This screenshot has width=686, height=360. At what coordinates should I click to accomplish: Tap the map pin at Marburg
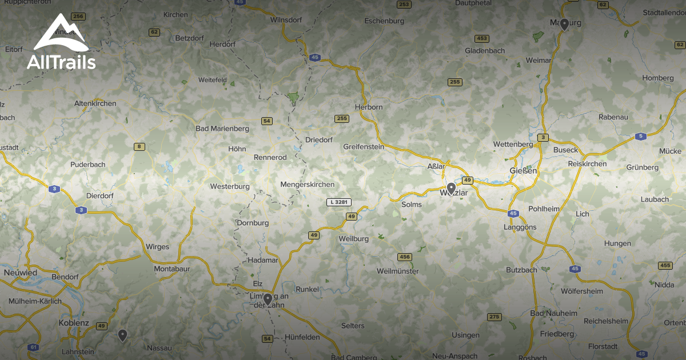[564, 24]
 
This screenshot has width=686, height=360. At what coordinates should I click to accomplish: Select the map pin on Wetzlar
[451, 188]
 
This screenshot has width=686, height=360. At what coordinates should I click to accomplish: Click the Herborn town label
[369, 107]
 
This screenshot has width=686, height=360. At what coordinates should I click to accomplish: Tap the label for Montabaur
[172, 269]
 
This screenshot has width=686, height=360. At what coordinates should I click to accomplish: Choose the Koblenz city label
[74, 323]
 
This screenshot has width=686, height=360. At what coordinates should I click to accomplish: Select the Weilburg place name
[354, 238]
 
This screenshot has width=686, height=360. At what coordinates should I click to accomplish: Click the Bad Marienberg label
[222, 129]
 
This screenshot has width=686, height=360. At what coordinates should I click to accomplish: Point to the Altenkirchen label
[95, 103]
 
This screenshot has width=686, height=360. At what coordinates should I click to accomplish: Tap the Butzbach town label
[522, 270]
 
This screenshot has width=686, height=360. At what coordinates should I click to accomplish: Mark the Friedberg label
[557, 334]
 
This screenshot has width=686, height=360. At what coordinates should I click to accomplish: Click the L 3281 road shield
[339, 202]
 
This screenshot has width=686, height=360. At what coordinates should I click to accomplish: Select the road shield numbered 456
[405, 257]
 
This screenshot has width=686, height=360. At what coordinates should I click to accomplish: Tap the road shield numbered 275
[494, 317]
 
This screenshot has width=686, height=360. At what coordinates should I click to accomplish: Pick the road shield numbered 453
[481, 39]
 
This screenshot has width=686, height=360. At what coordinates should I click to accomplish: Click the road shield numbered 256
[78, 17]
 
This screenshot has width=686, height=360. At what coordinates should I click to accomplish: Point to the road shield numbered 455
[665, 266]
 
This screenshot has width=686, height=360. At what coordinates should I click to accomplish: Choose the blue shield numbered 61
[34, 347]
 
